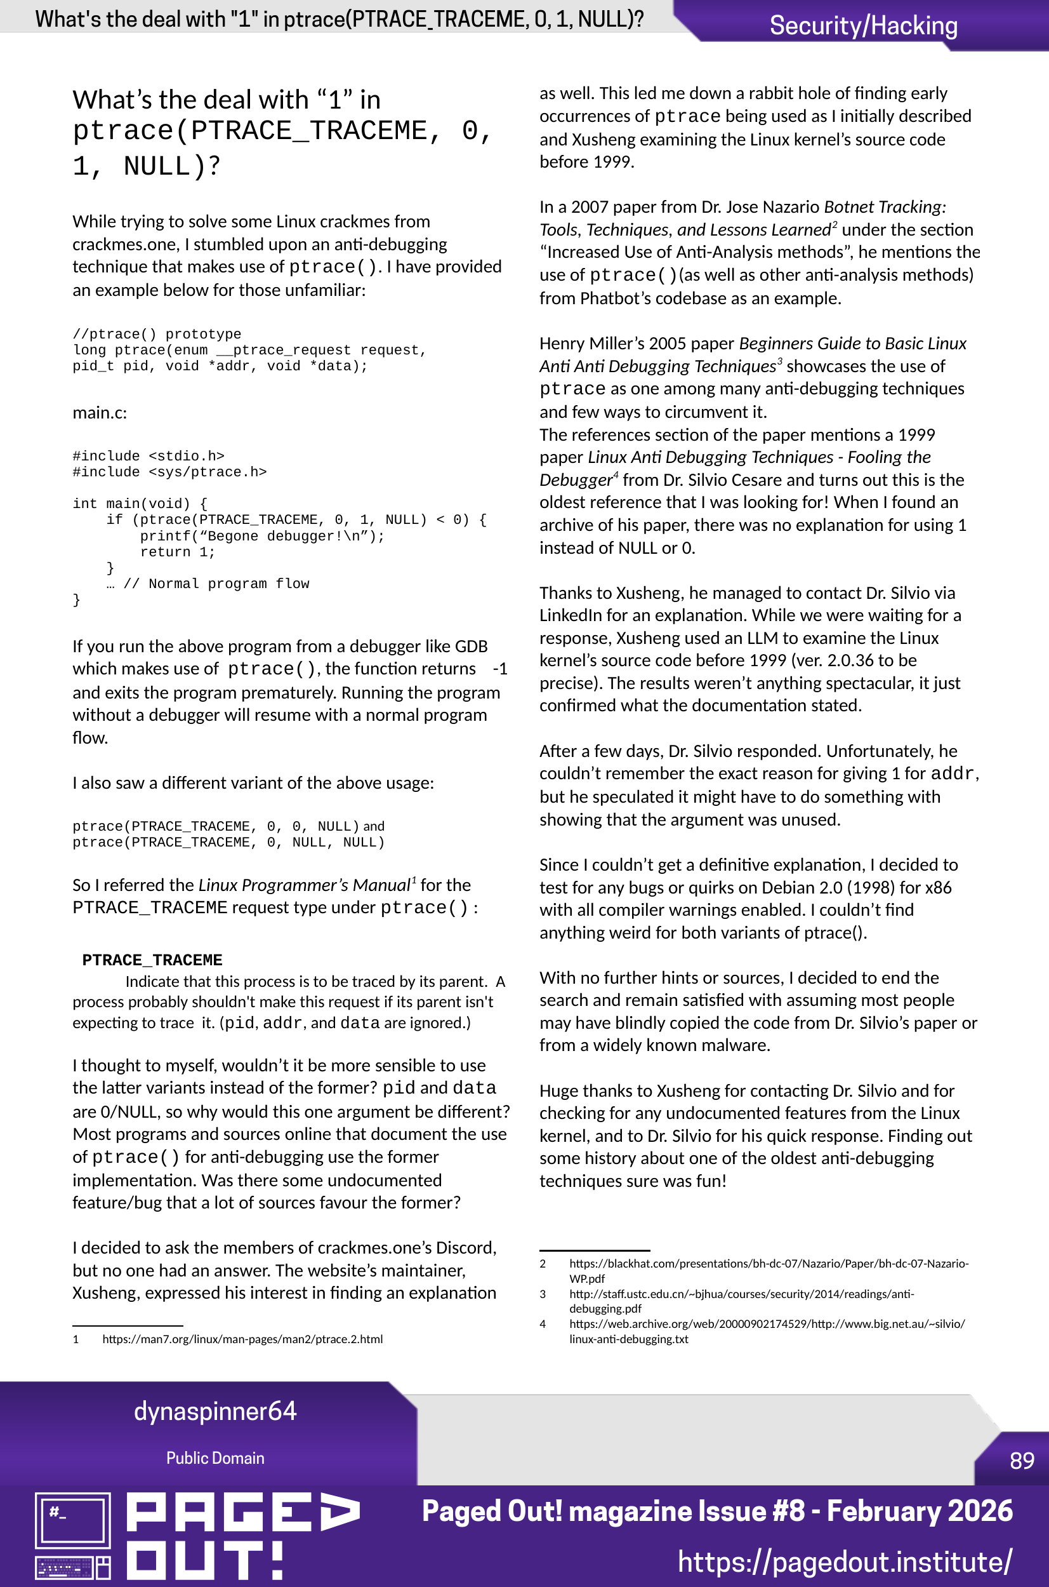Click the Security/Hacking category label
click(x=863, y=25)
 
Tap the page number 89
click(x=1022, y=1460)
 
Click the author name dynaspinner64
click(x=214, y=1410)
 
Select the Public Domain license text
click(x=214, y=1458)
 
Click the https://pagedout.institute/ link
click(x=844, y=1561)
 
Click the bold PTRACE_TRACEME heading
click(x=152, y=960)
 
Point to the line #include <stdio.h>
click(x=148, y=456)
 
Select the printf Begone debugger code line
click(x=261, y=536)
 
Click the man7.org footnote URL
click(x=242, y=1339)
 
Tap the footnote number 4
click(x=543, y=1323)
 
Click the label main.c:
click(x=100, y=412)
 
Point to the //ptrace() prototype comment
click(x=157, y=333)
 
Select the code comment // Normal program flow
click(x=216, y=584)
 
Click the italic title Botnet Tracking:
click(x=885, y=207)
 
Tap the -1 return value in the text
click(x=499, y=669)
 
